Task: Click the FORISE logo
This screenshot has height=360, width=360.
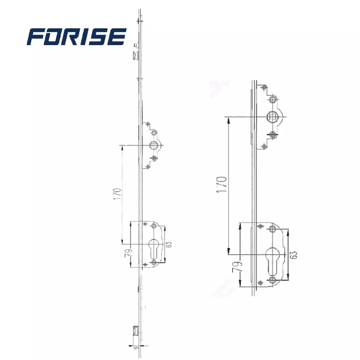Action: click(x=77, y=36)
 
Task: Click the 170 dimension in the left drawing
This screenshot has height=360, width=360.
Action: click(x=117, y=194)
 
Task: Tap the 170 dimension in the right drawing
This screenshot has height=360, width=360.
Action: click(x=221, y=184)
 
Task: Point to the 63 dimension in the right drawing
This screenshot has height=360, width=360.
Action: click(x=294, y=254)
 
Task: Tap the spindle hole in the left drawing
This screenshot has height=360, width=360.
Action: click(x=154, y=146)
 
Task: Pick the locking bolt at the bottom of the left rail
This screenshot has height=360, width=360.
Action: click(x=135, y=331)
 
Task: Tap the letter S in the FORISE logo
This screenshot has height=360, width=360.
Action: click(x=99, y=36)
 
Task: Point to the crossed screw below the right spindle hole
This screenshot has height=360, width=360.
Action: click(x=272, y=134)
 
